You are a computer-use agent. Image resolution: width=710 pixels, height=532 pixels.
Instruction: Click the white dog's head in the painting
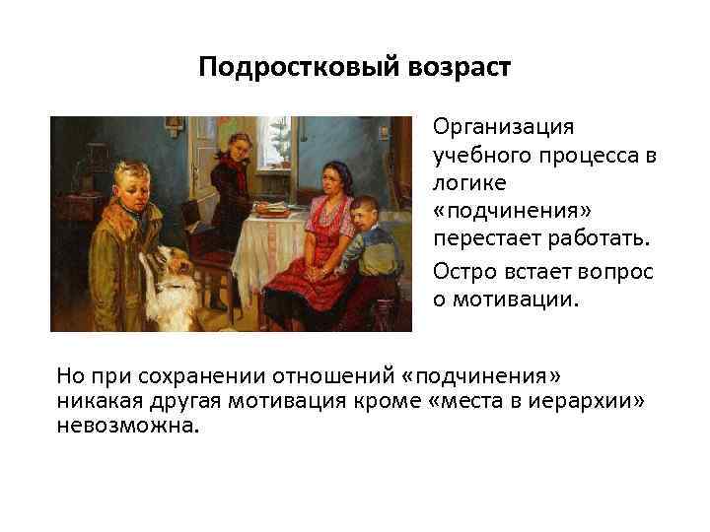(168, 265)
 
